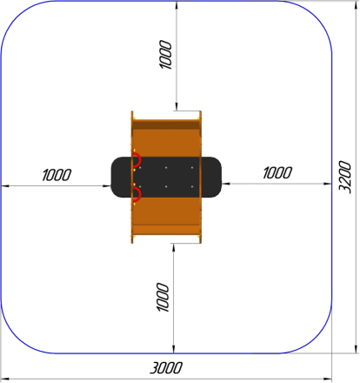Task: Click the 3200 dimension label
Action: pos(345,177)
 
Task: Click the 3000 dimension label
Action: pos(166,368)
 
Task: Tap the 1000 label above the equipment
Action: pos(166,55)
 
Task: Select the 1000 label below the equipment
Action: pos(163,297)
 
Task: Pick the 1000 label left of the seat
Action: pos(57,175)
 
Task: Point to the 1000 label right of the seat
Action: pos(277,172)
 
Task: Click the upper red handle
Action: pos(137,159)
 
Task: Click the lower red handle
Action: pos(137,194)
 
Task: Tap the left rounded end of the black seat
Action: pos(121,177)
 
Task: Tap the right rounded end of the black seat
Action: pos(211,177)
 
